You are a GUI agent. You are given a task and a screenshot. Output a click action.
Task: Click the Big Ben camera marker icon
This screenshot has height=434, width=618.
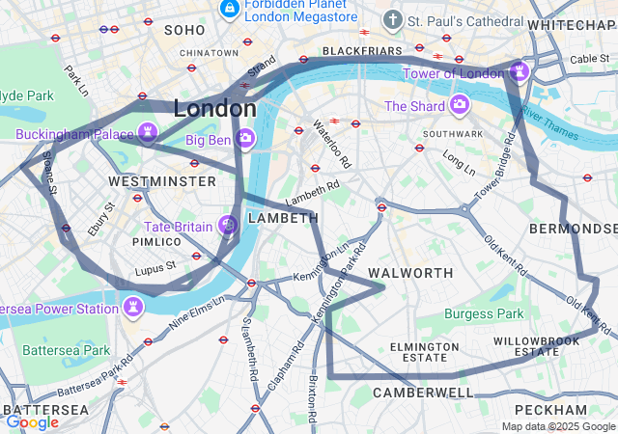coord(245,139)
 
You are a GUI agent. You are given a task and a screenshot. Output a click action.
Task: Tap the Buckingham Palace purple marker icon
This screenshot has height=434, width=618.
coord(148,132)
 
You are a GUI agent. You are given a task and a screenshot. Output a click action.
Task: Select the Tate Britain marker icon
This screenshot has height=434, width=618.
coord(229,226)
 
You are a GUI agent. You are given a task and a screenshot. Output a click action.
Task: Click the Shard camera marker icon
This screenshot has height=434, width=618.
coord(459,104)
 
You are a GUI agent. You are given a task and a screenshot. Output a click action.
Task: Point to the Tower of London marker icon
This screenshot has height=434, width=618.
coord(520,71)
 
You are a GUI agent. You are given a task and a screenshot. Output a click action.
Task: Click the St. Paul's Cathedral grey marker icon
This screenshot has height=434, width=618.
coord(392,19)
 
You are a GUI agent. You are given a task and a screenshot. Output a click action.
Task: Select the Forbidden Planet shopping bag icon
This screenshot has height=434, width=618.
coord(230,10)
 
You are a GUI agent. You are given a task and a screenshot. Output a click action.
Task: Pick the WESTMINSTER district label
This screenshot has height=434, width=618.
coord(162,181)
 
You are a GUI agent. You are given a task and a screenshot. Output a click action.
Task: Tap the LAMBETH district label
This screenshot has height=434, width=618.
coord(283,219)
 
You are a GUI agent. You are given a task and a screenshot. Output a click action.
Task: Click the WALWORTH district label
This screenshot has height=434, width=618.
coord(410,273)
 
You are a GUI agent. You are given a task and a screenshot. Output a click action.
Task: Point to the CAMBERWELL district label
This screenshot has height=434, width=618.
coord(423,393)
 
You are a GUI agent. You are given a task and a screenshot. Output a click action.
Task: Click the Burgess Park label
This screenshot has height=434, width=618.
coord(484,313)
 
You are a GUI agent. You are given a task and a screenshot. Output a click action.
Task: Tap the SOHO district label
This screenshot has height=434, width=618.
coord(184,31)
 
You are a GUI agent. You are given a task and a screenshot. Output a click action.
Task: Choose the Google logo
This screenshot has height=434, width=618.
coord(32,421)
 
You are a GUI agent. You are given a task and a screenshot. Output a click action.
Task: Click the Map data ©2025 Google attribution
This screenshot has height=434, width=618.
coord(558,426)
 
